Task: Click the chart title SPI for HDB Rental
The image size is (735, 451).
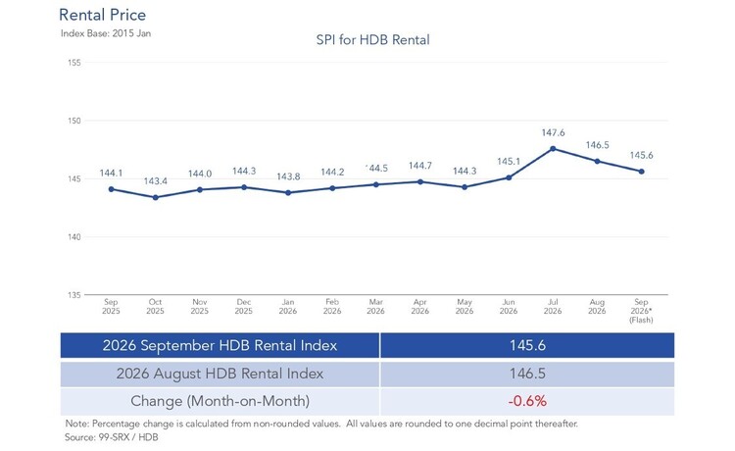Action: click(372, 40)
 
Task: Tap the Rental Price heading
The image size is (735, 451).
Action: click(102, 15)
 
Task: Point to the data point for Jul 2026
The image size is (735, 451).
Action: click(553, 149)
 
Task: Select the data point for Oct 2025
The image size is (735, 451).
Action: click(156, 197)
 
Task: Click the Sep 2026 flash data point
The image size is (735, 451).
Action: click(642, 172)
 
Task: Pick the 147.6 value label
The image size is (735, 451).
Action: click(553, 132)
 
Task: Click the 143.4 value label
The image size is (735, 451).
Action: click(156, 181)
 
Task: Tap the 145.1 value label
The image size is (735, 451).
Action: click(509, 162)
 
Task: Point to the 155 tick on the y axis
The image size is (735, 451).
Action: click(74, 63)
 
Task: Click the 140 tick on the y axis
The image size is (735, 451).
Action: click(74, 237)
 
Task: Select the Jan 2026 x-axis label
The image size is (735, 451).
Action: click(288, 307)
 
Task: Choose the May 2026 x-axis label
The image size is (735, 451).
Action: click(465, 307)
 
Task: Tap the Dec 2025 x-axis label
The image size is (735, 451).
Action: click(244, 307)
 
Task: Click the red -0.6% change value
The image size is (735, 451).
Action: click(527, 401)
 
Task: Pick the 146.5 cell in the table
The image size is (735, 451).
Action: click(527, 374)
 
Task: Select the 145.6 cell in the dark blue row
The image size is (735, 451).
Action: click(527, 345)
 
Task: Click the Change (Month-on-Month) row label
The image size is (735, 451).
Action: click(220, 401)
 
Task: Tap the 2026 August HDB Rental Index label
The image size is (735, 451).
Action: click(220, 374)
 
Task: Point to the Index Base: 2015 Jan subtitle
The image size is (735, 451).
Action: click(106, 33)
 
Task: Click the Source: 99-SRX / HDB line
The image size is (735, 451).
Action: click(112, 437)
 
